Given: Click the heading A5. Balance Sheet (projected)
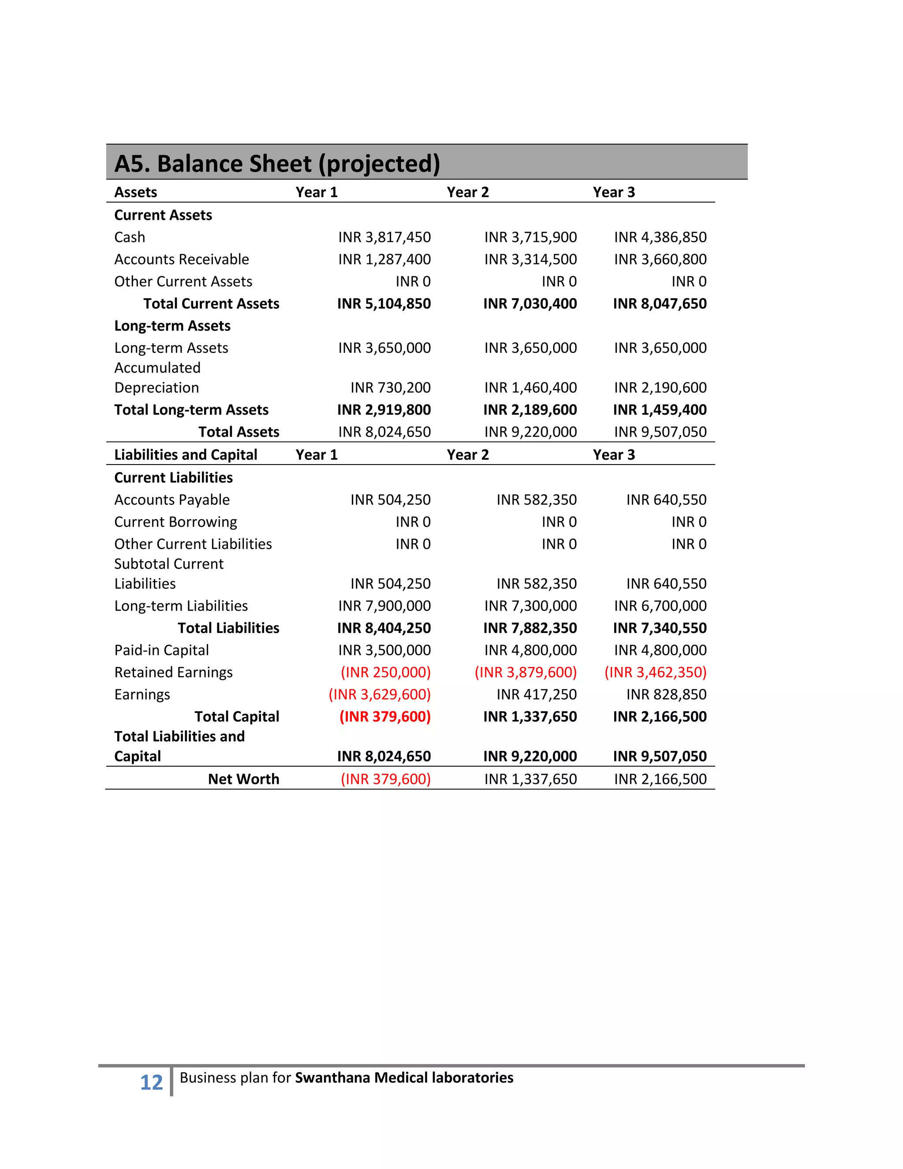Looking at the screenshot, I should tap(277, 164).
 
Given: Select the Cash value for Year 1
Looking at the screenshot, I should tap(384, 237).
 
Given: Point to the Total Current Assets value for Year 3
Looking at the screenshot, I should tap(660, 304).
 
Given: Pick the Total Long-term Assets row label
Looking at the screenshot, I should tap(191, 410).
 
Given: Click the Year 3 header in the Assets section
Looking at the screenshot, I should tap(614, 193).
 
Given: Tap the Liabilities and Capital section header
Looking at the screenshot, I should tap(186, 455).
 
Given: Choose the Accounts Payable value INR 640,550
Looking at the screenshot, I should tap(666, 500).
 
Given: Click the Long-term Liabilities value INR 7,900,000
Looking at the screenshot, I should tap(384, 606).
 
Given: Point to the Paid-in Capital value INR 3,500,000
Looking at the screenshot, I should tap(384, 650).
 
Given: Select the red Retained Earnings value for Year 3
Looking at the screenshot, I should tap(655, 672).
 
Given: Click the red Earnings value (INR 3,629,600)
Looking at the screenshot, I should tap(379, 695).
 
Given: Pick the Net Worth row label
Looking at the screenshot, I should tap(243, 779).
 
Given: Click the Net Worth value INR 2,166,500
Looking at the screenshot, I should tap(660, 779).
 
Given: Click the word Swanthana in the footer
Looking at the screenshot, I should tap(332, 1078).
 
